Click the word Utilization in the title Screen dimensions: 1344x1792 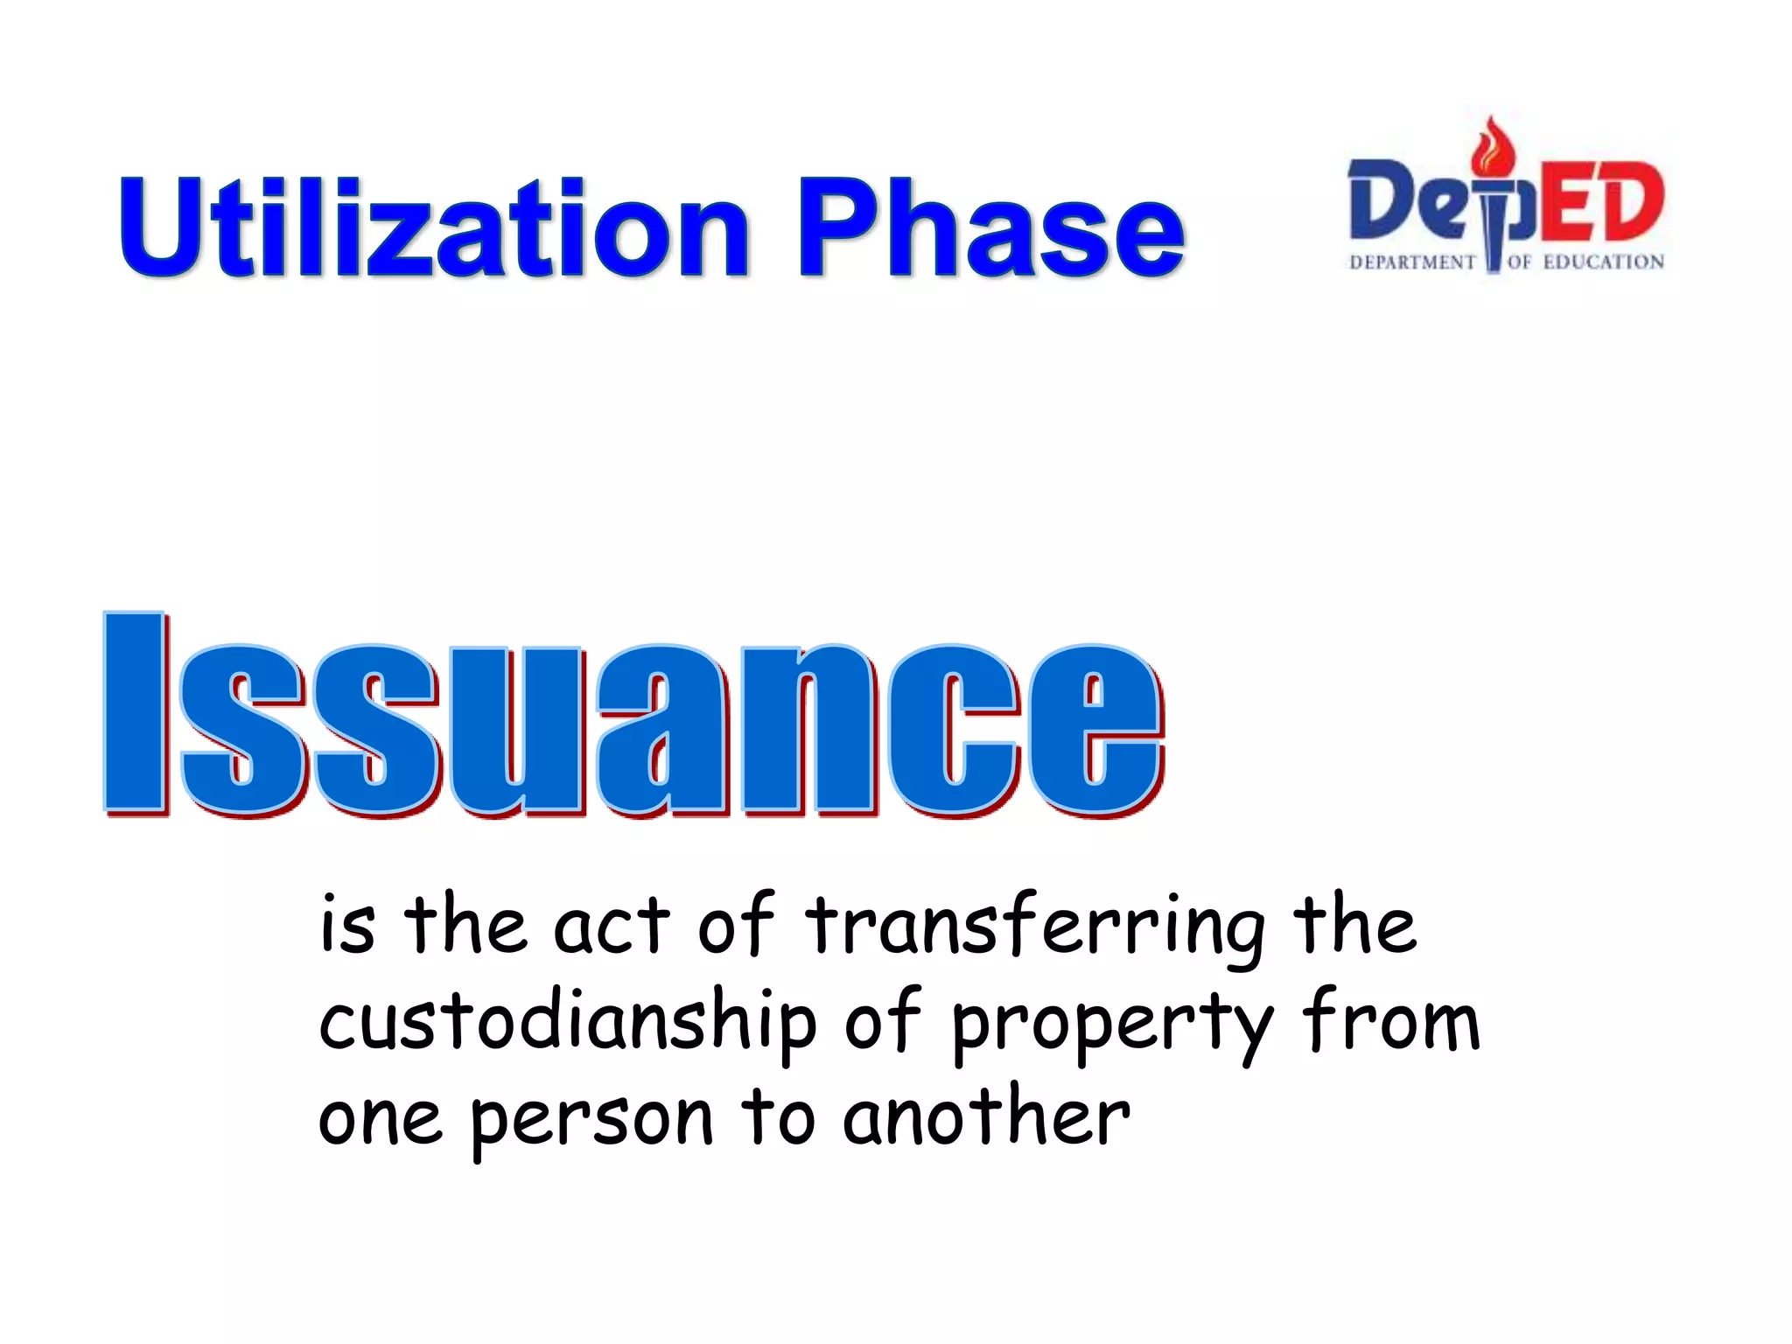[x=434, y=227]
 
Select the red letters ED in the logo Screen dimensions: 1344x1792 [x=1601, y=201]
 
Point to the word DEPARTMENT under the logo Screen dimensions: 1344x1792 [x=1412, y=262]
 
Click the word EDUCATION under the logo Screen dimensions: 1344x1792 [x=1603, y=262]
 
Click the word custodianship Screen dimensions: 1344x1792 [x=567, y=1022]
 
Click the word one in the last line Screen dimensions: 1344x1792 [x=380, y=1120]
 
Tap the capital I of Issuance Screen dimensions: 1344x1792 [x=135, y=712]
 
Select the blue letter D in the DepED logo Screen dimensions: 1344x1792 [x=1382, y=199]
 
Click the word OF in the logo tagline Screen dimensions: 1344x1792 [x=1519, y=262]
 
